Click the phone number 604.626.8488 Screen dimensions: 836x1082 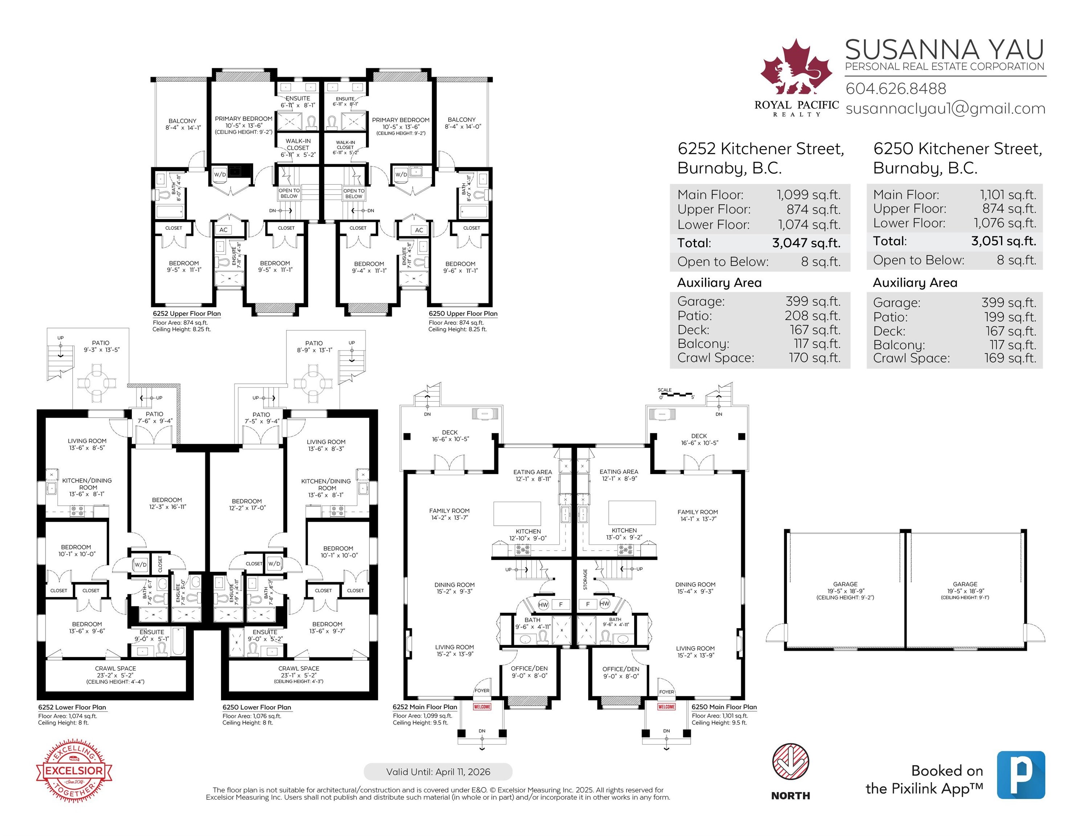click(x=896, y=89)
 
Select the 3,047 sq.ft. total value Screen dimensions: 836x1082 click(x=806, y=243)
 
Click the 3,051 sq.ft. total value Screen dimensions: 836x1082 click(x=1003, y=241)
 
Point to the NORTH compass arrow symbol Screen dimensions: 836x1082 click(x=790, y=763)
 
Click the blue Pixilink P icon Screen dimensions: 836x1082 click(x=1021, y=775)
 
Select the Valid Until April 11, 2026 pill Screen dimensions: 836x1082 click(x=438, y=772)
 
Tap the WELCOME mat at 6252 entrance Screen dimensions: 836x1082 click(x=482, y=707)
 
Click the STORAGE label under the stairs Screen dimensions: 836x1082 click(x=585, y=579)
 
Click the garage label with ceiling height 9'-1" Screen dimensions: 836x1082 click(x=965, y=590)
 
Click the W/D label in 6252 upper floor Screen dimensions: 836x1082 click(x=220, y=174)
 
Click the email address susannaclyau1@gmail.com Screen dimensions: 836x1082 click(x=945, y=108)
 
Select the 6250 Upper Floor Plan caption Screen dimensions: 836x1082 click(x=463, y=313)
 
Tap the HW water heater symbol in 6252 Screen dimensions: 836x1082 click(x=543, y=605)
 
